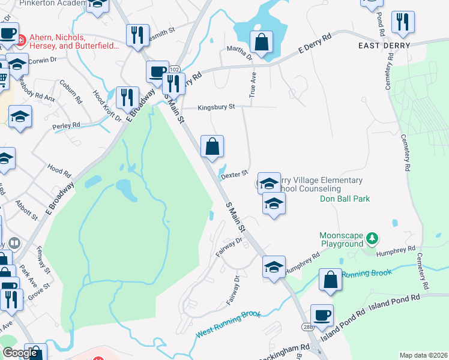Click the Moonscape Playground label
[341, 240]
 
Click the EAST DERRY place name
[384, 46]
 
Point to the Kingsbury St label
[216, 107]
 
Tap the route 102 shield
[174, 70]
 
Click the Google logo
[20, 353]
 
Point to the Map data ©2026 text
[423, 355]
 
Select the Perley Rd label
[66, 125]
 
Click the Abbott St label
[26, 211]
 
